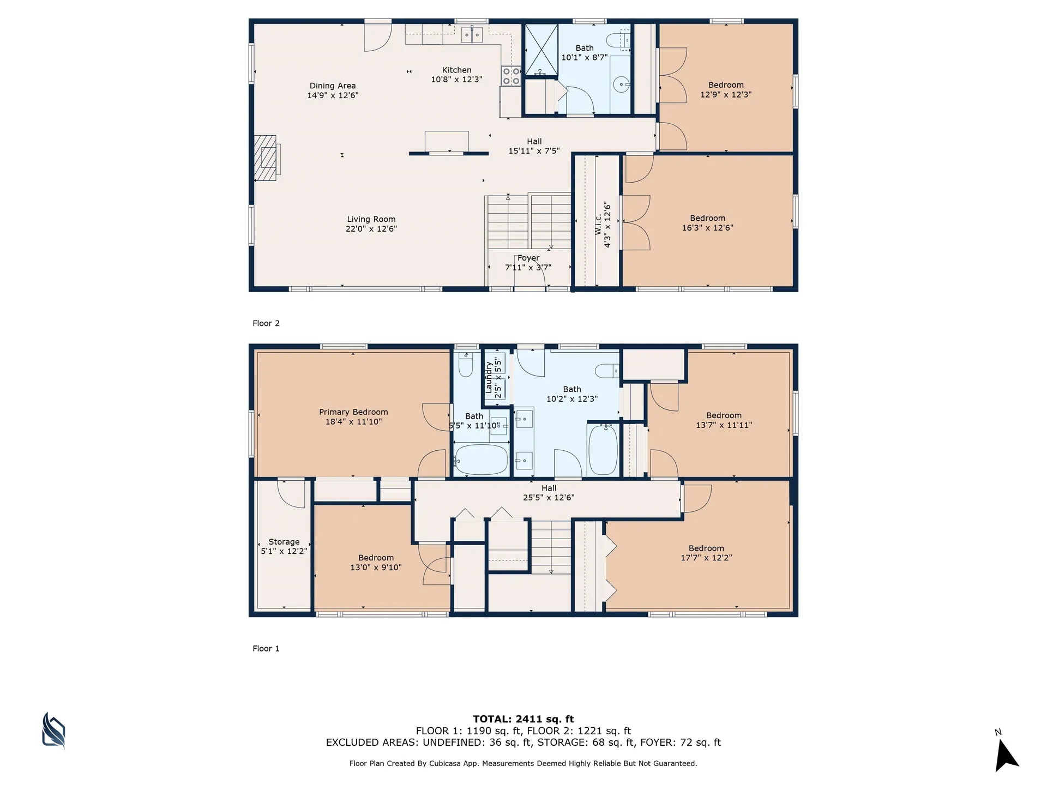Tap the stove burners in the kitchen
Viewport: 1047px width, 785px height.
pyautogui.click(x=511, y=76)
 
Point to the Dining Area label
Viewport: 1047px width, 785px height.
pyautogui.click(x=333, y=86)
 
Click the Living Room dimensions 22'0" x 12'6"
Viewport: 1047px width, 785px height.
pyautogui.click(x=371, y=229)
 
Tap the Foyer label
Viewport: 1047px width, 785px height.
pyautogui.click(x=528, y=258)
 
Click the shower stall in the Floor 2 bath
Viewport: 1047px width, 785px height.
pyautogui.click(x=541, y=50)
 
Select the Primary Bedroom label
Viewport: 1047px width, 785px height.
pyautogui.click(x=353, y=412)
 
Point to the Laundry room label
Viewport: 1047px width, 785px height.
pyautogui.click(x=489, y=377)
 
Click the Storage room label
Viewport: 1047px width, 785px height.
pyautogui.click(x=284, y=542)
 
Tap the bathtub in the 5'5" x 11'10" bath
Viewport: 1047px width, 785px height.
pyautogui.click(x=481, y=460)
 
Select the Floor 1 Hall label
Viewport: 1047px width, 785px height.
pyautogui.click(x=549, y=488)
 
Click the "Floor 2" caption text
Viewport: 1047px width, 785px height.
pyautogui.click(x=266, y=323)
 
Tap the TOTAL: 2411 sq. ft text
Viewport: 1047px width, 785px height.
pyautogui.click(x=523, y=719)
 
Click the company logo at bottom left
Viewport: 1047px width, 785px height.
pyautogui.click(x=54, y=730)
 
